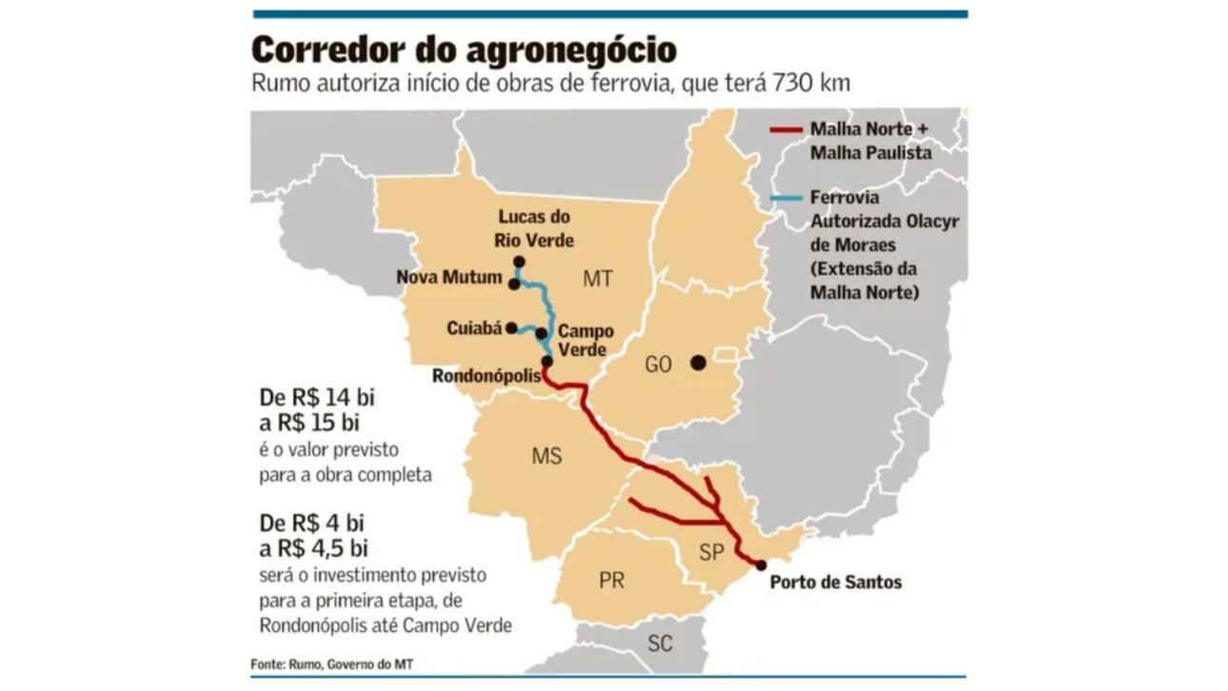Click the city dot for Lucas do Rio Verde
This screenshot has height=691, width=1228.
519,262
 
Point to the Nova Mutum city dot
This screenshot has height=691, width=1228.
514,284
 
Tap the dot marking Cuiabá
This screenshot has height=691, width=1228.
512,328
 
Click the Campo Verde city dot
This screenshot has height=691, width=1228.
541,333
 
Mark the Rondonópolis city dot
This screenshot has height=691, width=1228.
546,362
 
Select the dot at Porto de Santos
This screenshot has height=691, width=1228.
761,564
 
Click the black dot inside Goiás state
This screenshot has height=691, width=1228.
698,362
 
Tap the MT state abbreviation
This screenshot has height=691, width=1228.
597,279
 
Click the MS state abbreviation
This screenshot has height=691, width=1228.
546,457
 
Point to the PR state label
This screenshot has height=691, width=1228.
612,580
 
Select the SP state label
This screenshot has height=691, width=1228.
710,551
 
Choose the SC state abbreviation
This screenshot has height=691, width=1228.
660,643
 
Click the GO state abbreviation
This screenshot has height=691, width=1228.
661,364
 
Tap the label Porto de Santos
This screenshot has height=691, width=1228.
835,582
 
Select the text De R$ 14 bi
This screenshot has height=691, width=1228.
317,399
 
